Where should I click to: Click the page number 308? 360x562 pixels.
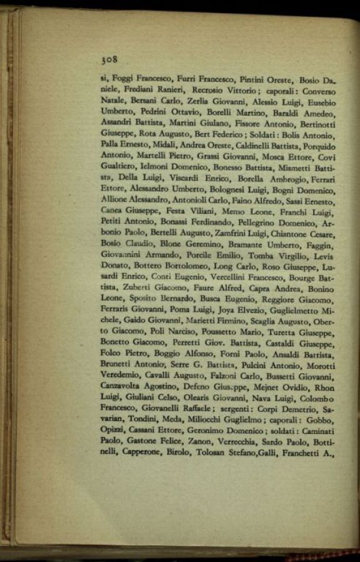click(x=109, y=60)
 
